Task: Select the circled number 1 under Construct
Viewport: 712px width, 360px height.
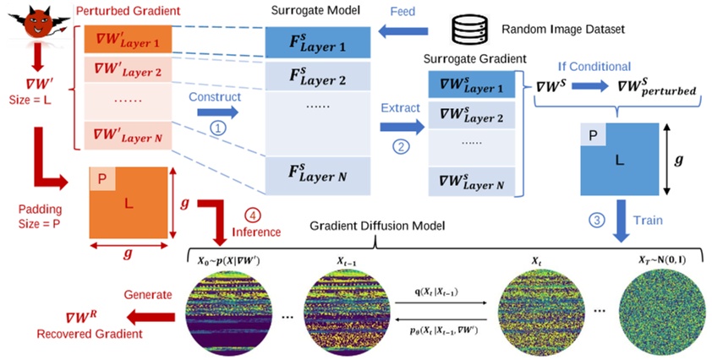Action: point(218,128)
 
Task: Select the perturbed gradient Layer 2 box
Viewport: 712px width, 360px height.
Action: point(128,71)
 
